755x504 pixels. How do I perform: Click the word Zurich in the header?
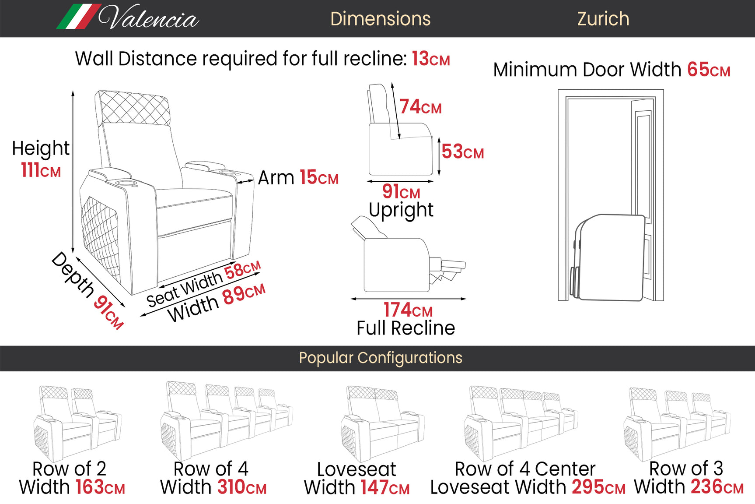(603, 19)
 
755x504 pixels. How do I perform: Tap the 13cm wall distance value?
(430, 59)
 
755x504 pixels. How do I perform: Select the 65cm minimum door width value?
(708, 70)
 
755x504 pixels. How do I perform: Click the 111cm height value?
(41, 170)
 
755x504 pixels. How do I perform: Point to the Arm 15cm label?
(298, 178)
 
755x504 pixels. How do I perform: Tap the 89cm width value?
(244, 293)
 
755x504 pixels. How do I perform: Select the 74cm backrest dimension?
(420, 107)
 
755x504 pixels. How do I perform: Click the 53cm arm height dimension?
(462, 152)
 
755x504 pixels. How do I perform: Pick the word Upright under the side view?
(401, 210)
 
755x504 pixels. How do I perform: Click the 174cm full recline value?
(408, 310)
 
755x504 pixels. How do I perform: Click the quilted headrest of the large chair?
(133, 108)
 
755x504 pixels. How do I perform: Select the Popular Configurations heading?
(380, 358)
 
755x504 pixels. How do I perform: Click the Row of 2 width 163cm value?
(100, 487)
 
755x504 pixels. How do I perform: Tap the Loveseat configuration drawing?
(382, 423)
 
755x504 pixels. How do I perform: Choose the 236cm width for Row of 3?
(717, 486)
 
